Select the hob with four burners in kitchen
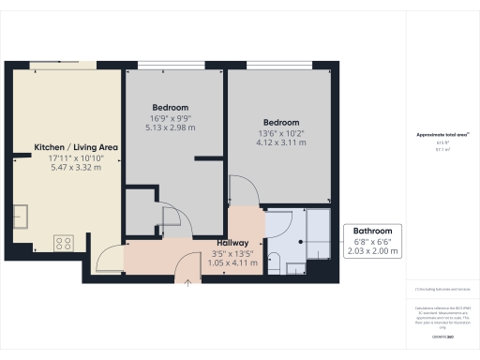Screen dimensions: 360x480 tap(65, 243)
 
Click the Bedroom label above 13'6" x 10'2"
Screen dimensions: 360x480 tap(281, 123)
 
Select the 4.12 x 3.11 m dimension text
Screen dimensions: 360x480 tap(281, 145)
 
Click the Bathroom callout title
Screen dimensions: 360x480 tap(372, 231)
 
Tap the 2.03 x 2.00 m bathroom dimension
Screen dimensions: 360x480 tap(372, 251)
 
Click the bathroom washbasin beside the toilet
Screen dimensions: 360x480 tap(295, 267)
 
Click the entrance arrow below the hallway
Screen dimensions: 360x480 tap(187, 280)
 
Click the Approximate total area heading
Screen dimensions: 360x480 tap(442, 134)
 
